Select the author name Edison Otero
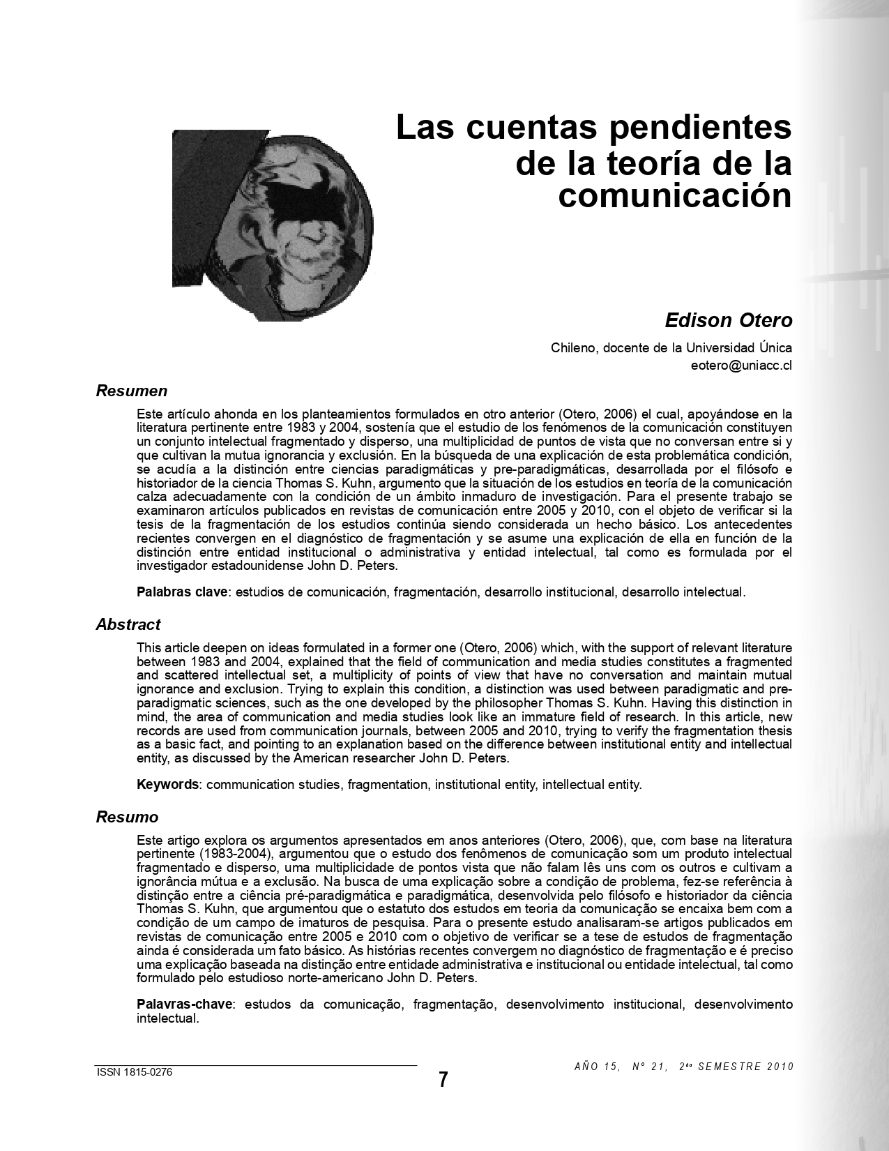tap(728, 320)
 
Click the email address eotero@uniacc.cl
tap(740, 365)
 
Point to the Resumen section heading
tap(131, 391)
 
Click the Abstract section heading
tap(128, 624)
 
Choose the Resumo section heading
tap(127, 817)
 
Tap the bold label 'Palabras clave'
tap(182, 592)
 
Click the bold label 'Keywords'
tap(168, 785)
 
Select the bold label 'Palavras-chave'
tap(185, 1005)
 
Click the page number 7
tap(443, 1080)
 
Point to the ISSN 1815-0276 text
tap(134, 1073)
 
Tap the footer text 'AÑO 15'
tap(596, 1067)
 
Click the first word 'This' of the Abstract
tap(149, 648)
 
